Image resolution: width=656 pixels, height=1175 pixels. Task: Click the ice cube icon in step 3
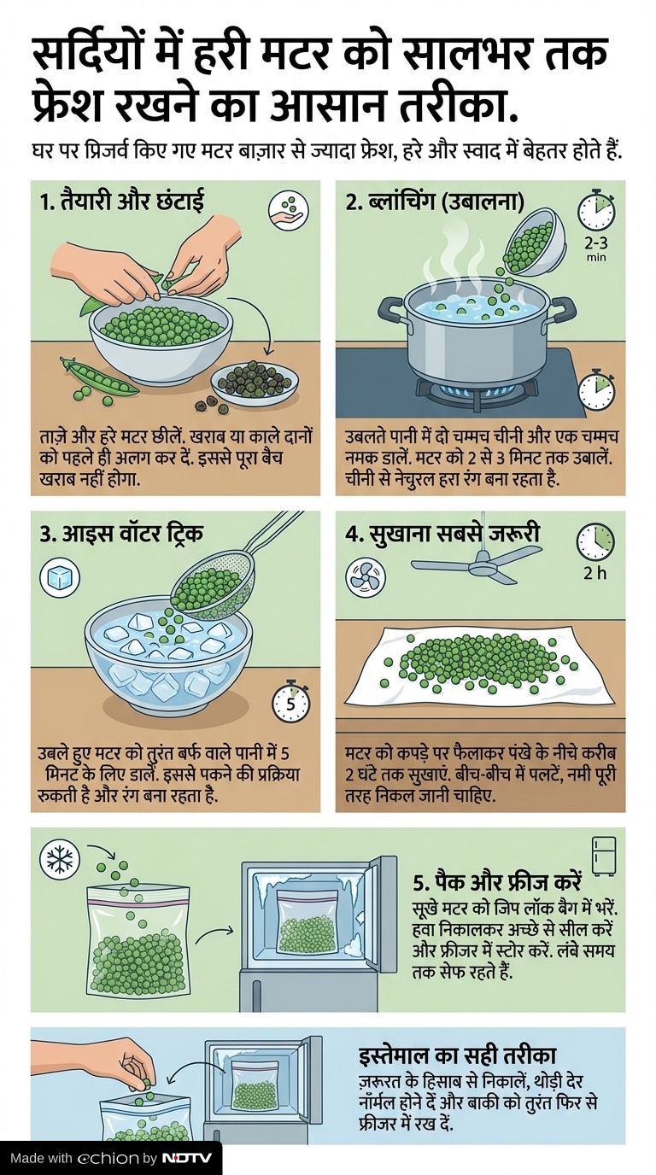pos(61,577)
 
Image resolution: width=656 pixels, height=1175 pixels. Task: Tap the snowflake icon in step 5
pos(60,862)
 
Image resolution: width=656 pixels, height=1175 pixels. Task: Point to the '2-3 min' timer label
pos(596,248)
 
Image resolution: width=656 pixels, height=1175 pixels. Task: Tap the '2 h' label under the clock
pos(595,573)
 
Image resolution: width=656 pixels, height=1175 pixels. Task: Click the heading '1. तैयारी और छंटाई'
pos(122,202)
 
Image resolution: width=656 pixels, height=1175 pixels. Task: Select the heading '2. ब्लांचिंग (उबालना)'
pos(435,202)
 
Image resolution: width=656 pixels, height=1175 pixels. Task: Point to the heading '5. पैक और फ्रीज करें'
pos(497,882)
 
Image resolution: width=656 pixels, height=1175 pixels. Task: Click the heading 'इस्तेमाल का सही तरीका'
pos(457,1040)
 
